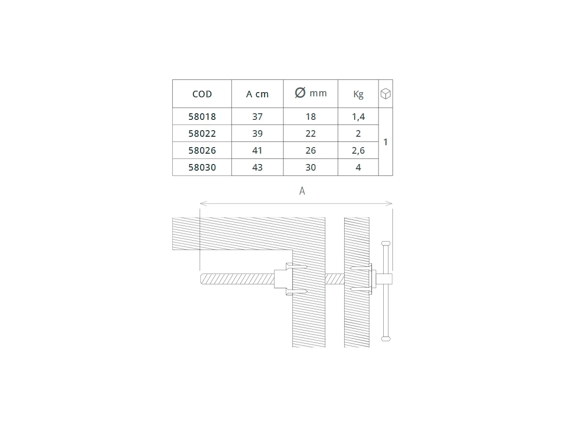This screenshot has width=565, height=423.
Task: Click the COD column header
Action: [202, 94]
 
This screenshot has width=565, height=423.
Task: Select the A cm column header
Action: [257, 94]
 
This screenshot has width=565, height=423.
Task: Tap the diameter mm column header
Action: [310, 93]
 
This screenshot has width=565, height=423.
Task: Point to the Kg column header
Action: [358, 94]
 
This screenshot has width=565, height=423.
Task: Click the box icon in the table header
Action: [386, 94]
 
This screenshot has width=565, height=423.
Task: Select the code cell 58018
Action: [202, 117]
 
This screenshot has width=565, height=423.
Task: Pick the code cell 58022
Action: [202, 133]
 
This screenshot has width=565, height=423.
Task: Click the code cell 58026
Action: [202, 150]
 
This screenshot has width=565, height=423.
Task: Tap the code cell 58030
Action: [202, 167]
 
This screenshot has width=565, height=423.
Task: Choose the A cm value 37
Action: [257, 117]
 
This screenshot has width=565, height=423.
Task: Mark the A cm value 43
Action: [257, 167]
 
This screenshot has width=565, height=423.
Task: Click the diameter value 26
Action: [310, 150]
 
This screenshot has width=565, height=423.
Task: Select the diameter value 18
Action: [310, 117]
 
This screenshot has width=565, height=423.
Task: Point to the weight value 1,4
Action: [358, 117]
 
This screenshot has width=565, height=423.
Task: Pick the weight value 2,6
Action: [358, 150]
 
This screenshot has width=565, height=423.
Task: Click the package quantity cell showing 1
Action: [386, 142]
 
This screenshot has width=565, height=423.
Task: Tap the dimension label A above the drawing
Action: [302, 191]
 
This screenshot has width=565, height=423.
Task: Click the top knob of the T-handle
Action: [386, 243]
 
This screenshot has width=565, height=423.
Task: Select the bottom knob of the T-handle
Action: [386, 338]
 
